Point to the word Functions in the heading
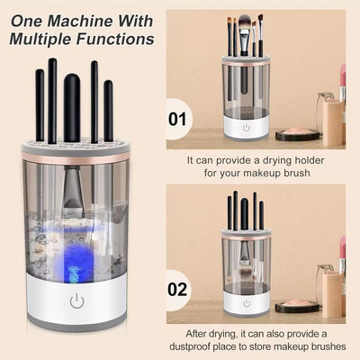[x=117, y=39]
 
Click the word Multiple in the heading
[x=46, y=39]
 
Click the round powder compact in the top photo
[x=298, y=133]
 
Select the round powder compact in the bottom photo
[x=298, y=306]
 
